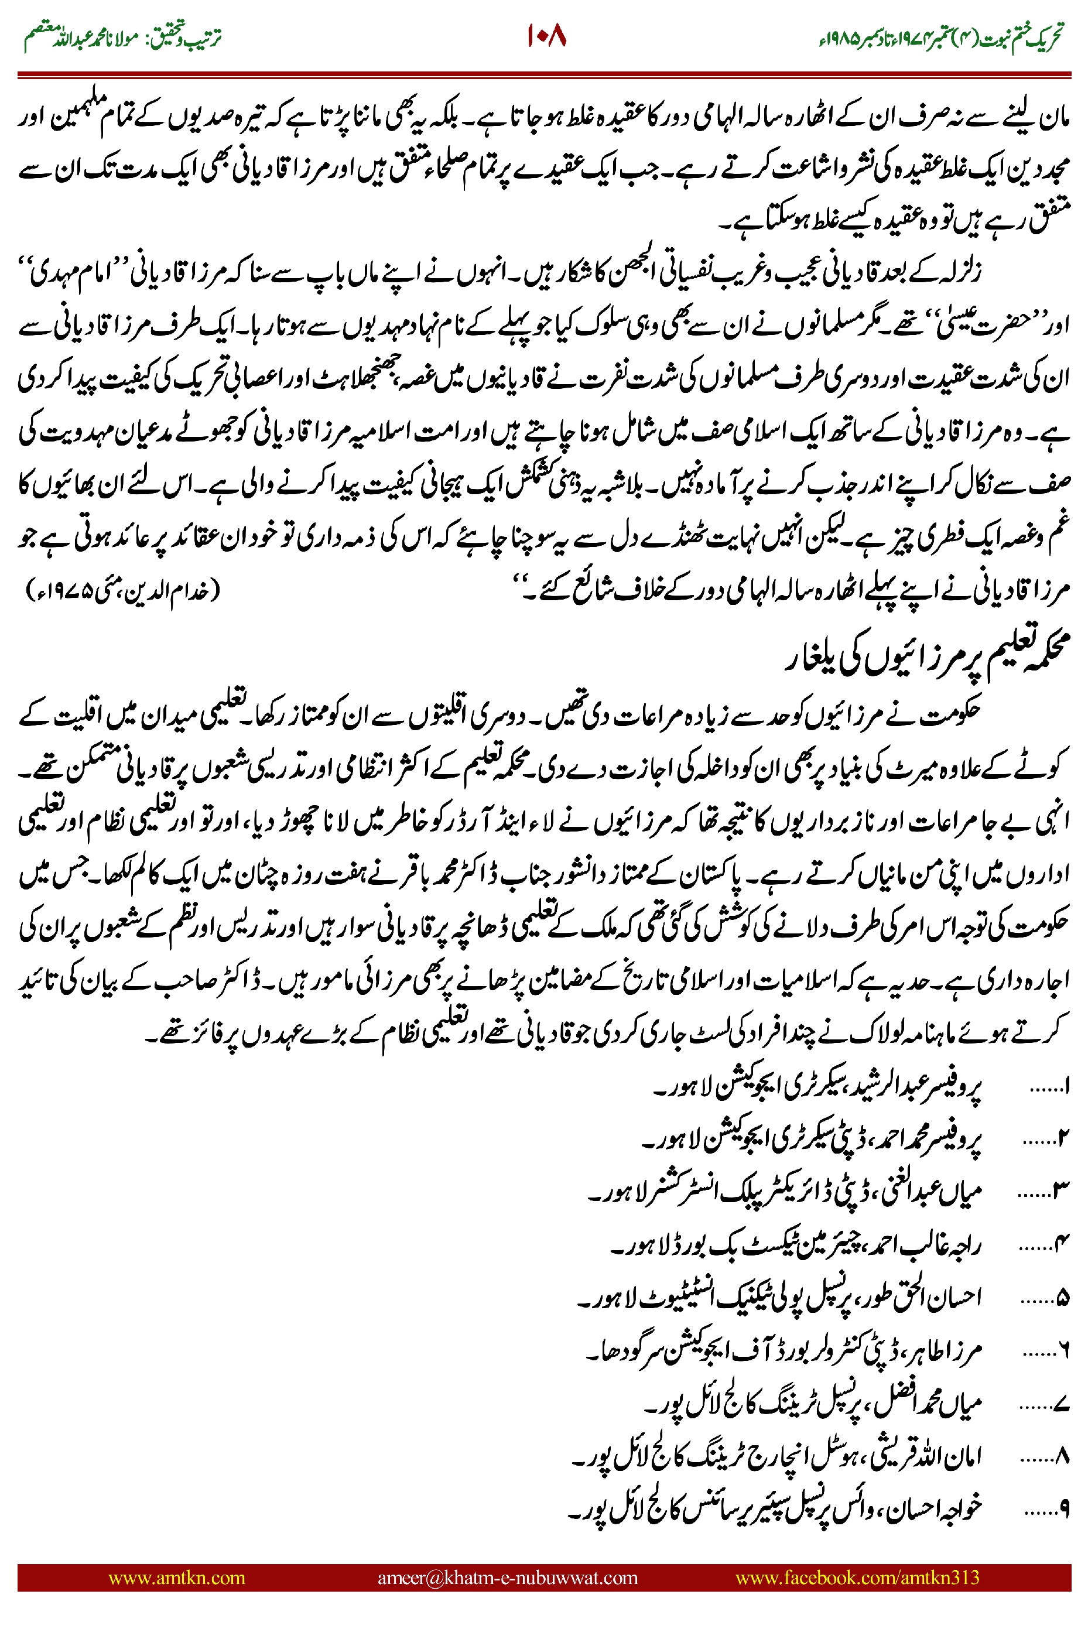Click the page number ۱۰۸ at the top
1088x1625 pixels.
click(x=546, y=36)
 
